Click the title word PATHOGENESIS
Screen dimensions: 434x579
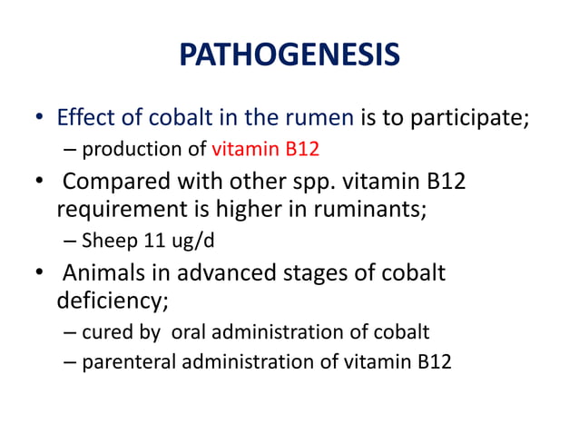(289, 56)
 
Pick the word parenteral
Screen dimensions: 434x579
(122, 362)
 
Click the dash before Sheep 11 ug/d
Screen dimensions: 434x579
(70, 241)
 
